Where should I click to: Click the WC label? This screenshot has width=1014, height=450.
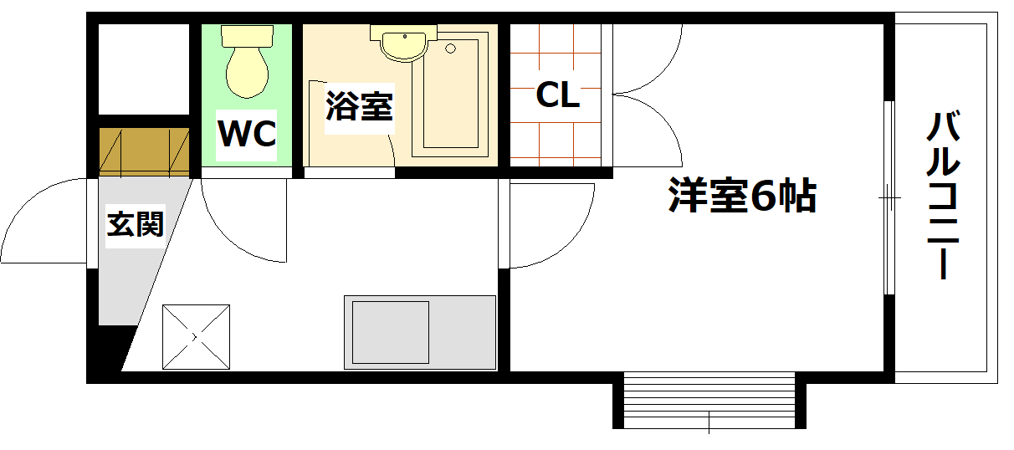247,134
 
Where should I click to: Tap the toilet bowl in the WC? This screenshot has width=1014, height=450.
247,72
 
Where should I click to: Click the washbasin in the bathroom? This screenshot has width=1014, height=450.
404,43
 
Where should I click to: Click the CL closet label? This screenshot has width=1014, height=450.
557,95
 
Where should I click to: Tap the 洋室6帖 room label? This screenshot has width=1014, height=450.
741,197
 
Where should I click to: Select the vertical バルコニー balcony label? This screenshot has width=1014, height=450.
944,197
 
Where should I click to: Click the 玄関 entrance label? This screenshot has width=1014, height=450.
134,223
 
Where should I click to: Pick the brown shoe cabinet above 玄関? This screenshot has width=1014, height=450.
145,151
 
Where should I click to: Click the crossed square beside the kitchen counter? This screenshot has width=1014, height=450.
196,336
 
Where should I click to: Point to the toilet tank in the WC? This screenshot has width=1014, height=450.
247,36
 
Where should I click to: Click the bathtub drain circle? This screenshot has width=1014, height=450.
452,48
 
